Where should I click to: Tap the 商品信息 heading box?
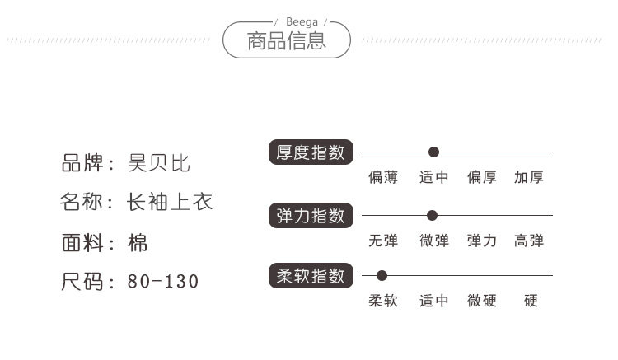pyautogui.click(x=287, y=40)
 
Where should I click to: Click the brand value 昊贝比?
pyautogui.click(x=159, y=163)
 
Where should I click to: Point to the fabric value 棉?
pyautogui.click(x=138, y=242)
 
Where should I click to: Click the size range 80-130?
pyautogui.click(x=163, y=282)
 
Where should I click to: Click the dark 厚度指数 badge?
pyautogui.click(x=311, y=152)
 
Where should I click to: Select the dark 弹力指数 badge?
pyautogui.click(x=311, y=216)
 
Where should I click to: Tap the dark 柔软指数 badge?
pyautogui.click(x=311, y=276)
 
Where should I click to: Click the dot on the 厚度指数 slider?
pyautogui.click(x=433, y=152)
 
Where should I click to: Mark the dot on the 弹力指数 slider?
pyautogui.click(x=432, y=216)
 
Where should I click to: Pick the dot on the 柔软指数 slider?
pyautogui.click(x=382, y=276)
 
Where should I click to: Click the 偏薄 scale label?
pyautogui.click(x=383, y=177)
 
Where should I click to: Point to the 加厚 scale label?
pyautogui.click(x=529, y=177)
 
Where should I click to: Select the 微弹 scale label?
pyautogui.click(x=433, y=241)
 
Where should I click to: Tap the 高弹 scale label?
pyautogui.click(x=529, y=241)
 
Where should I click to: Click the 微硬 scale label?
pyautogui.click(x=482, y=301)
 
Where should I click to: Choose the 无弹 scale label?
pyautogui.click(x=383, y=241)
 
